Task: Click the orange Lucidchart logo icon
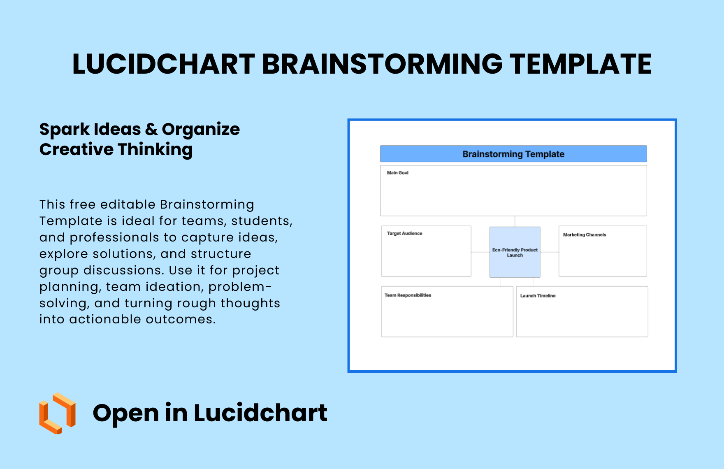coord(57,413)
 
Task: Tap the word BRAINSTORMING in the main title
coord(383,64)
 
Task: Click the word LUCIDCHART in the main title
coord(164,64)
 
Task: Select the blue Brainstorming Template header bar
coord(513,154)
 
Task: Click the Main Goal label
coord(398,173)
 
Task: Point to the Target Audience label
coord(405,233)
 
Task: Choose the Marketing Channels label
coord(585,235)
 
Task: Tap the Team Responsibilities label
coord(408,295)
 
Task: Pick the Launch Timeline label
coord(538,296)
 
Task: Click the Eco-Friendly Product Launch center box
coord(515,252)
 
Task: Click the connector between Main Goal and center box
coord(515,221)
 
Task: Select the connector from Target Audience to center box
coord(480,252)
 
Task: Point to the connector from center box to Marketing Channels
coord(550,252)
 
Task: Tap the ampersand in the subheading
coord(151,130)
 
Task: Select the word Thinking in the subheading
coord(155,150)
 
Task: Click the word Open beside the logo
coord(126,413)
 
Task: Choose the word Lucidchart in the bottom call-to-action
coord(260,413)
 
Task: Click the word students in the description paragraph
coord(262,221)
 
